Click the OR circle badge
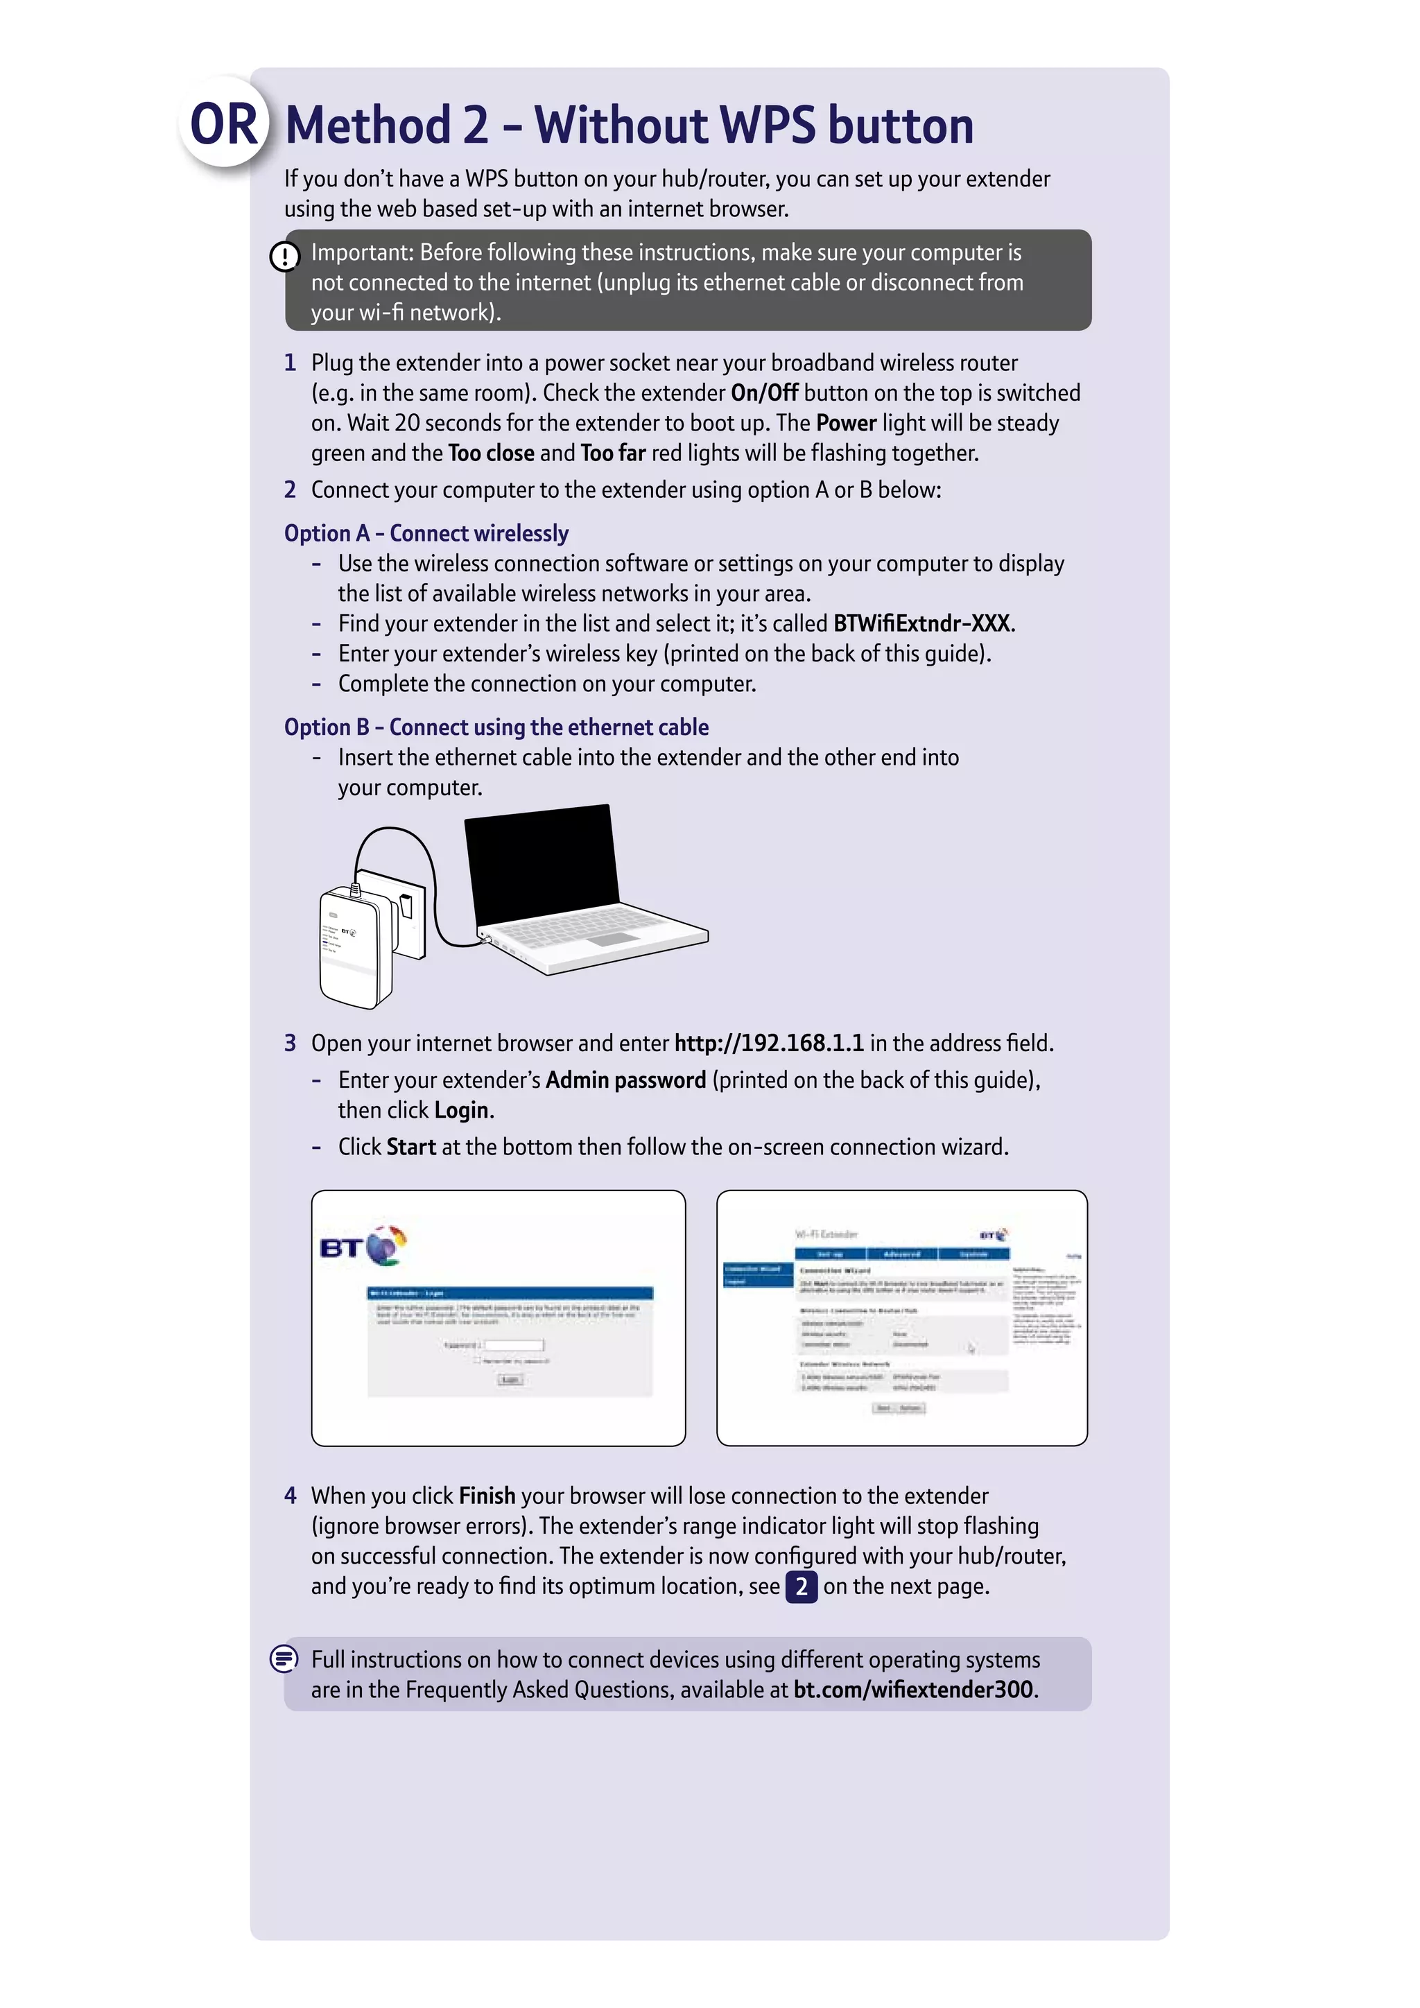pyautogui.click(x=225, y=123)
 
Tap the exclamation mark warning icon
pyautogui.click(x=284, y=257)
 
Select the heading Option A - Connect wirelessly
pyautogui.click(x=426, y=533)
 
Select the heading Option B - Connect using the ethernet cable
pyautogui.click(x=496, y=727)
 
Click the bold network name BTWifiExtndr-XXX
pyautogui.click(x=921, y=623)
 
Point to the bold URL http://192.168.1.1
pyautogui.click(x=768, y=1044)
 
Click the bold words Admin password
pyautogui.click(x=626, y=1080)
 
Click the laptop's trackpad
pyautogui.click(x=618, y=938)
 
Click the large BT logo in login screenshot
pyautogui.click(x=363, y=1246)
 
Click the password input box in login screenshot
pyautogui.click(x=514, y=1345)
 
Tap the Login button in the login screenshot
pyautogui.click(x=510, y=1379)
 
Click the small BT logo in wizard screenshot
pyautogui.click(x=994, y=1235)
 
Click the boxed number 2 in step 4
pyautogui.click(x=801, y=1586)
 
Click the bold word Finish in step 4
pyautogui.click(x=487, y=1496)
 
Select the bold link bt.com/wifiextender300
pyautogui.click(x=913, y=1690)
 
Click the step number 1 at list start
pyautogui.click(x=291, y=363)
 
